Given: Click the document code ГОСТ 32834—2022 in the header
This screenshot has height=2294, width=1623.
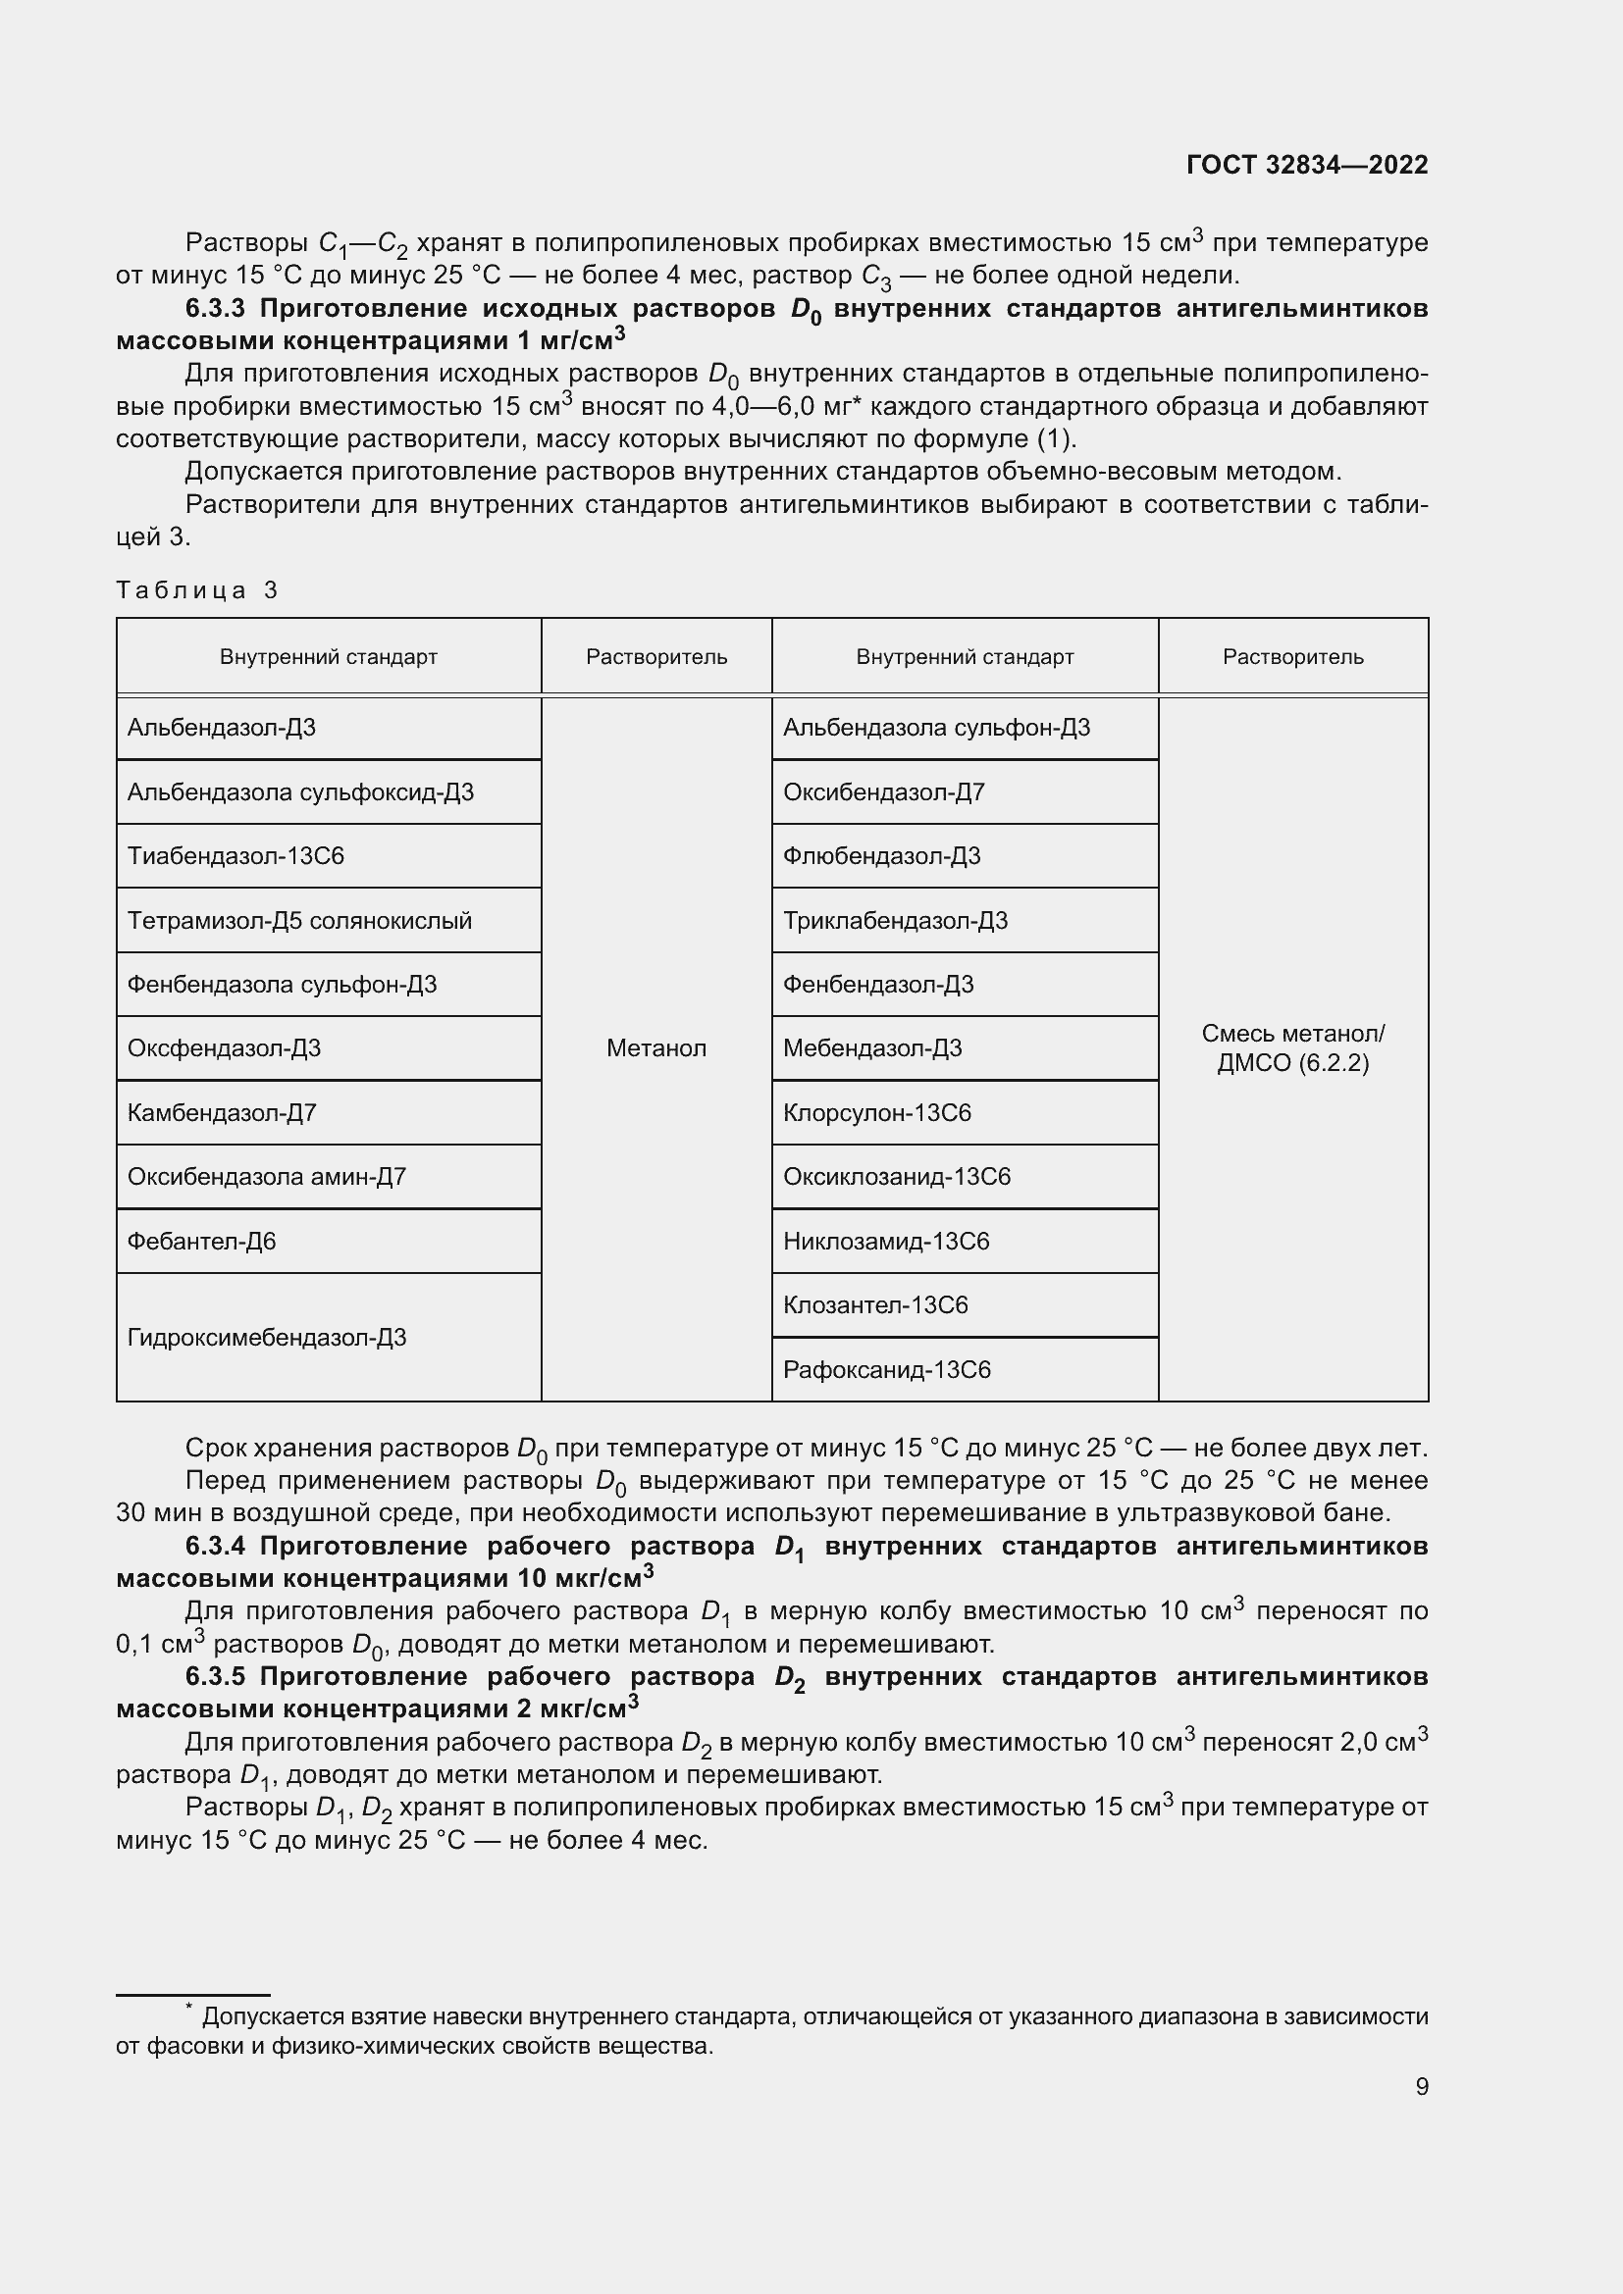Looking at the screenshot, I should click(1306, 165).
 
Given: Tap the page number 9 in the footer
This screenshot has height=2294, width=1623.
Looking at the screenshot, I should click(1421, 2086).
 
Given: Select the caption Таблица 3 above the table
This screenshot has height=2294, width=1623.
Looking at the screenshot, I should click(196, 590).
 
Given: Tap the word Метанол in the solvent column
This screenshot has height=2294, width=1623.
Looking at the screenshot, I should click(655, 1048).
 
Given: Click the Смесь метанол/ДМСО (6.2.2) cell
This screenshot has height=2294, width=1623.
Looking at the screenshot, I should click(1292, 1048).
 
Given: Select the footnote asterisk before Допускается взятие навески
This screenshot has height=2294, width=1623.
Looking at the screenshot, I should click(187, 2007).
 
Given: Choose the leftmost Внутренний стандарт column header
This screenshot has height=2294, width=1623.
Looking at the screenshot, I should click(328, 656).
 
